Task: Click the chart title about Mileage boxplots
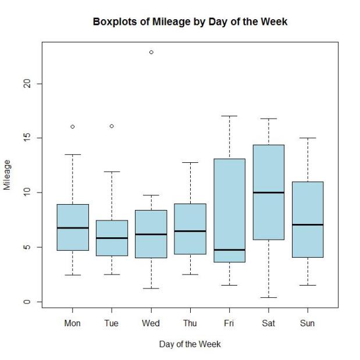[190, 22]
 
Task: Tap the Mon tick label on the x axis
[73, 323]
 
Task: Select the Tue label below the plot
[112, 323]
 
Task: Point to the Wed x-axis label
[151, 323]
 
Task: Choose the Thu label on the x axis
[190, 323]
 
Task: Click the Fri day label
[229, 323]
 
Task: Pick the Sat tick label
[268, 323]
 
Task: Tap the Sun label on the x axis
[307, 323]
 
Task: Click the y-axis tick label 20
[24, 84]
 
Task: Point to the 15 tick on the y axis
[24, 138]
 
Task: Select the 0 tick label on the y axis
[24, 301]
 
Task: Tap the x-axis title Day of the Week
[190, 344]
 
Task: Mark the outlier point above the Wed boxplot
[151, 52]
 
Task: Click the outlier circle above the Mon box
[73, 126]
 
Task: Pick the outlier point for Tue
[112, 126]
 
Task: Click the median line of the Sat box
[268, 193]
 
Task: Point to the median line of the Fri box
[229, 249]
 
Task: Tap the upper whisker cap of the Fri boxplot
[229, 116]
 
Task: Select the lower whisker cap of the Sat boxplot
[268, 297]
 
